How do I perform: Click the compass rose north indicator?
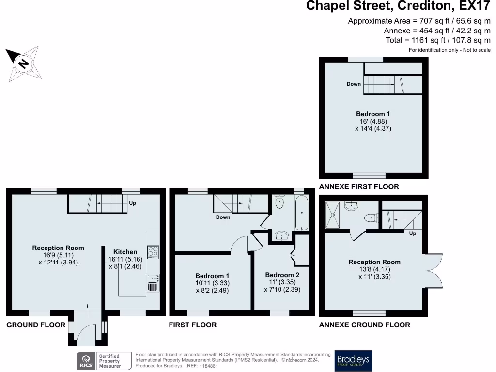coord(23,64)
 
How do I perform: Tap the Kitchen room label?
coord(125,252)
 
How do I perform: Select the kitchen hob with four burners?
coord(153,252)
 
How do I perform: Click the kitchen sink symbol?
coord(153,279)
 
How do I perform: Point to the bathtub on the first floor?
coord(301,213)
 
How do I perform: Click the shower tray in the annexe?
coord(332,215)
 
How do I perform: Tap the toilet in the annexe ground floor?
coord(372,218)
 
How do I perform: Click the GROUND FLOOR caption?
coord(36,325)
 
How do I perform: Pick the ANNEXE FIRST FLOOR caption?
coord(359,186)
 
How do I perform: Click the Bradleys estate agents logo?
coord(353,360)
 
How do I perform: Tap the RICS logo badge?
coord(86,360)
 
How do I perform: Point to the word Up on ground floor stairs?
coord(133,203)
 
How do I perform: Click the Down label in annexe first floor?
coord(354,84)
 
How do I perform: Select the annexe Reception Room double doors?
coord(434,271)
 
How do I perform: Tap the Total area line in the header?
coord(438,40)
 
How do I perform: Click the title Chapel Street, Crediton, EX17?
coord(398,6)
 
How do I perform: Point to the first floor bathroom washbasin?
coord(281,236)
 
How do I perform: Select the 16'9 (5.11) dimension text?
coord(58,255)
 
